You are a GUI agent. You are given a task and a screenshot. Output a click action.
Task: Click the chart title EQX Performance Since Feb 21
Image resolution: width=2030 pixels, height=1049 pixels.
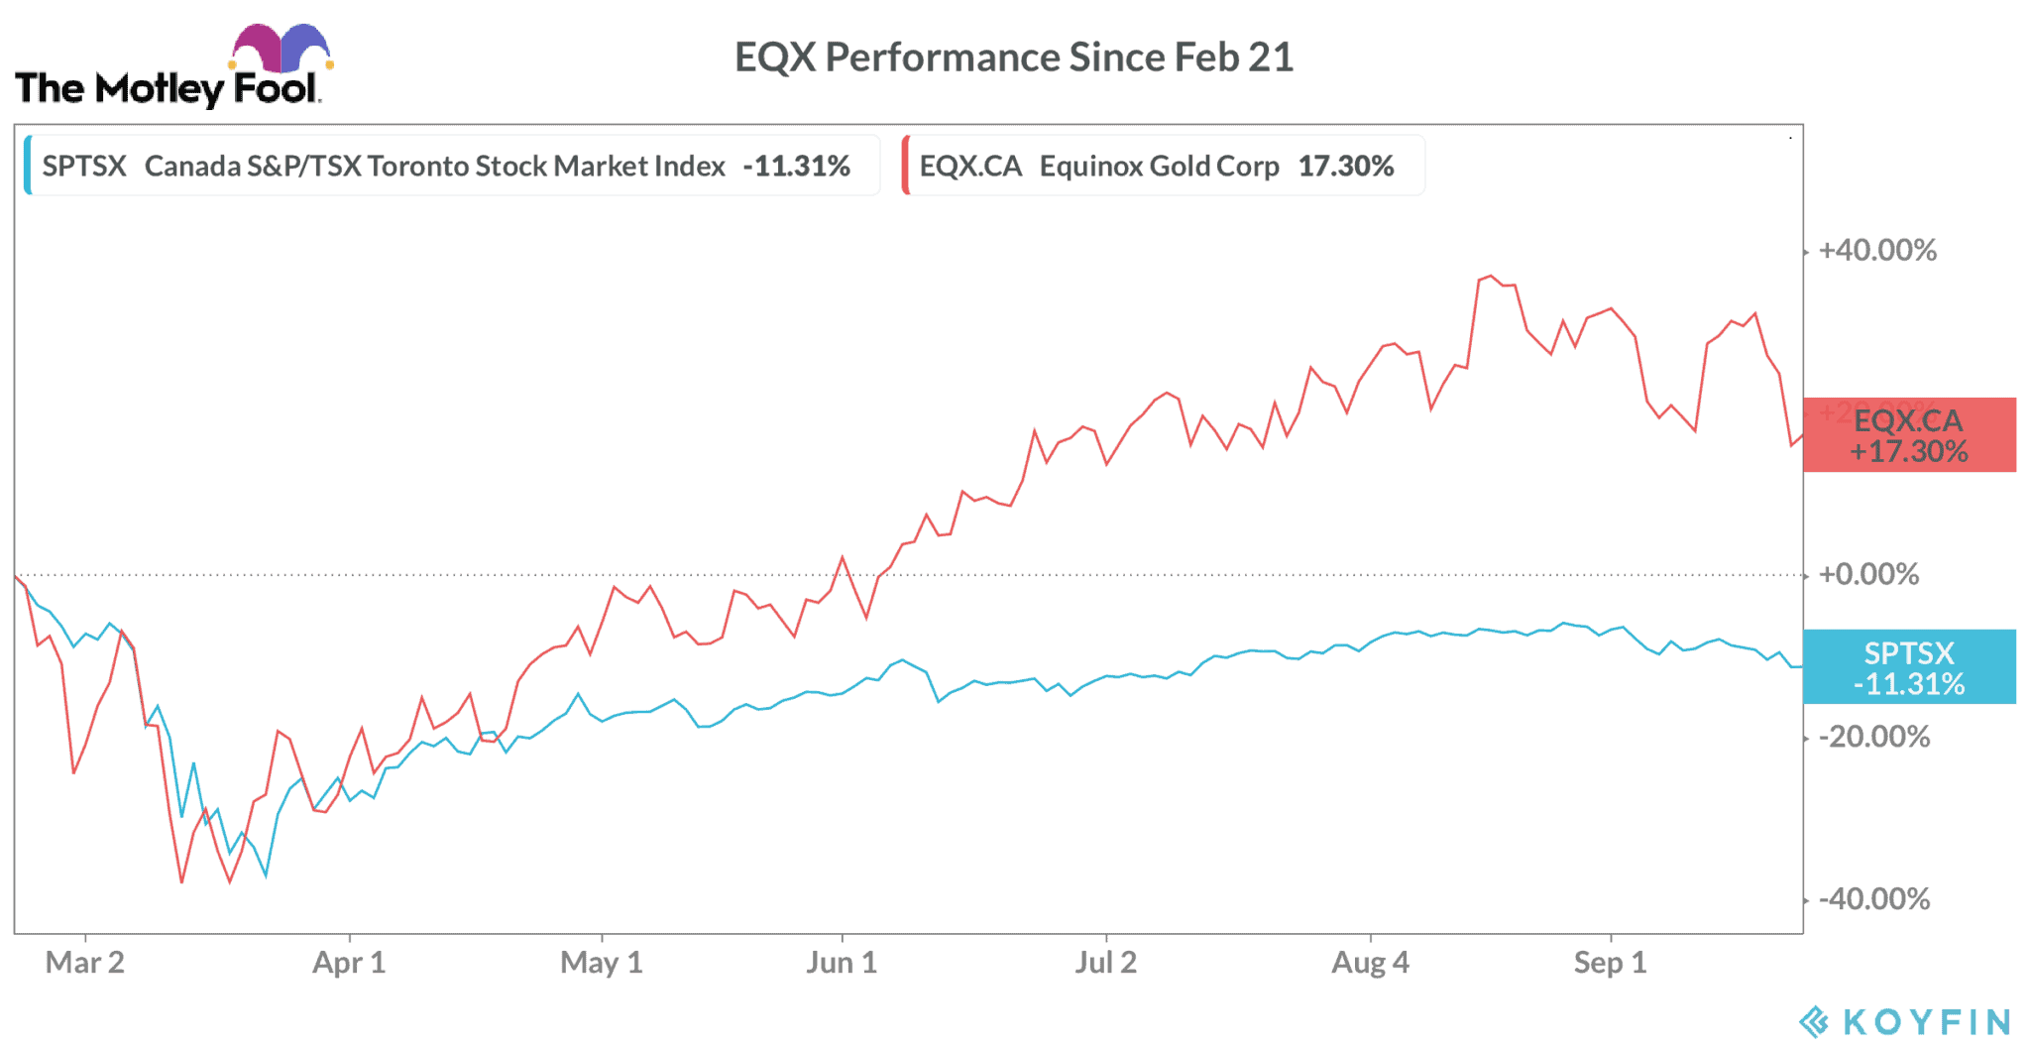click(x=1013, y=58)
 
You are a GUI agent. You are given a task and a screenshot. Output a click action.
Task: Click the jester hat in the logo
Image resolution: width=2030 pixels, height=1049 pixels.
click(x=281, y=48)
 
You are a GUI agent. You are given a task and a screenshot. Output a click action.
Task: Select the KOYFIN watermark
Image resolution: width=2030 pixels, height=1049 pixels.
click(x=1906, y=1021)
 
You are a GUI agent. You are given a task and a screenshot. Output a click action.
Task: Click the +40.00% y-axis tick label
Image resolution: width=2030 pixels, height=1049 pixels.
click(x=1876, y=250)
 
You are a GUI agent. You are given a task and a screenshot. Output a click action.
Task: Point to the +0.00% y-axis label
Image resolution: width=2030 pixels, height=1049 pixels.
click(x=1868, y=574)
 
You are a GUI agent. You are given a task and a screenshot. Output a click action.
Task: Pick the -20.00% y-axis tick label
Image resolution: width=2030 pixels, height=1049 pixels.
click(x=1873, y=737)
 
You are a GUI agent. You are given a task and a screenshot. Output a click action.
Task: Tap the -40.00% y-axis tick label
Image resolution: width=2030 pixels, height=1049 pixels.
click(x=1873, y=899)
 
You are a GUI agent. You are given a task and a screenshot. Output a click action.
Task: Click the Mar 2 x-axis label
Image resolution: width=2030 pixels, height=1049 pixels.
click(x=85, y=963)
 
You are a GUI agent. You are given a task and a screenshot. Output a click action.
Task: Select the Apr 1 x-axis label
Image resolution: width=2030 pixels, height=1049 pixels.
click(x=349, y=963)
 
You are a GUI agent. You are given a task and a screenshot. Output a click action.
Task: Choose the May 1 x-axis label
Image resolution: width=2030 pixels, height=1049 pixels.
click(x=602, y=963)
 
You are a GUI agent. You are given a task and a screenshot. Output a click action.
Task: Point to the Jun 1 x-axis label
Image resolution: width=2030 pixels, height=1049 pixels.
click(x=842, y=963)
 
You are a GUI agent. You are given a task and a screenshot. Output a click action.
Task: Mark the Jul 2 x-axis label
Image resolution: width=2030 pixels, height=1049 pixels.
click(x=1106, y=963)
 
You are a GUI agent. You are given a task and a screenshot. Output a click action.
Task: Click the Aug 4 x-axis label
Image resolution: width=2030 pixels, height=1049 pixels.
click(x=1370, y=963)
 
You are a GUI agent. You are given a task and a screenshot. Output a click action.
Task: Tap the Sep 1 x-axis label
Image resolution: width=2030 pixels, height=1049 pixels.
click(x=1610, y=963)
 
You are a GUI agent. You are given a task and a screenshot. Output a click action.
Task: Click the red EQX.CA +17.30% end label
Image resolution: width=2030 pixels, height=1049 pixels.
click(x=1909, y=435)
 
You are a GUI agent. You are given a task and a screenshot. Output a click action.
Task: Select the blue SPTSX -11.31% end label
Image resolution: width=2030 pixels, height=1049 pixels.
click(x=1909, y=667)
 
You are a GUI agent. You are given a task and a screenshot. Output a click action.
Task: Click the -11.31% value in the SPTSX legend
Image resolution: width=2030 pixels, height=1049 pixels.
click(x=796, y=166)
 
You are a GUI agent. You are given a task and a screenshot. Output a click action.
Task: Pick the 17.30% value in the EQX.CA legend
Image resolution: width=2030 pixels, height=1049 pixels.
click(x=1346, y=166)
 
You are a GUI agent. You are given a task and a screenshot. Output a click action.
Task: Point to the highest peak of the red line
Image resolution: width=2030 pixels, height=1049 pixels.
click(x=1490, y=276)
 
